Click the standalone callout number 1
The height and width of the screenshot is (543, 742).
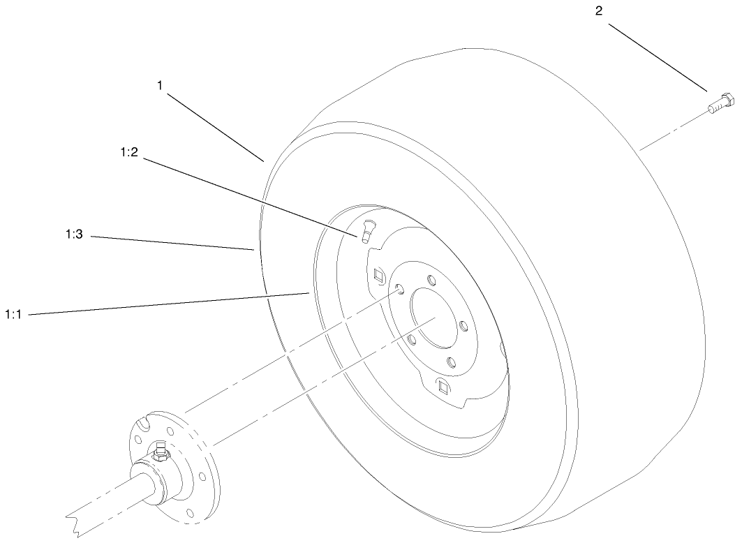click(x=160, y=85)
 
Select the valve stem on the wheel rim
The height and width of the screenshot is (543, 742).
click(x=367, y=229)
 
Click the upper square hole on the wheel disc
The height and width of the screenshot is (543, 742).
click(x=379, y=275)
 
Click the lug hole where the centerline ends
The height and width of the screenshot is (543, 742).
click(x=399, y=289)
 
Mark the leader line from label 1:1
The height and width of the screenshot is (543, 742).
click(x=168, y=304)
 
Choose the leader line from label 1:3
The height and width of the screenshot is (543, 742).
click(x=171, y=243)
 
